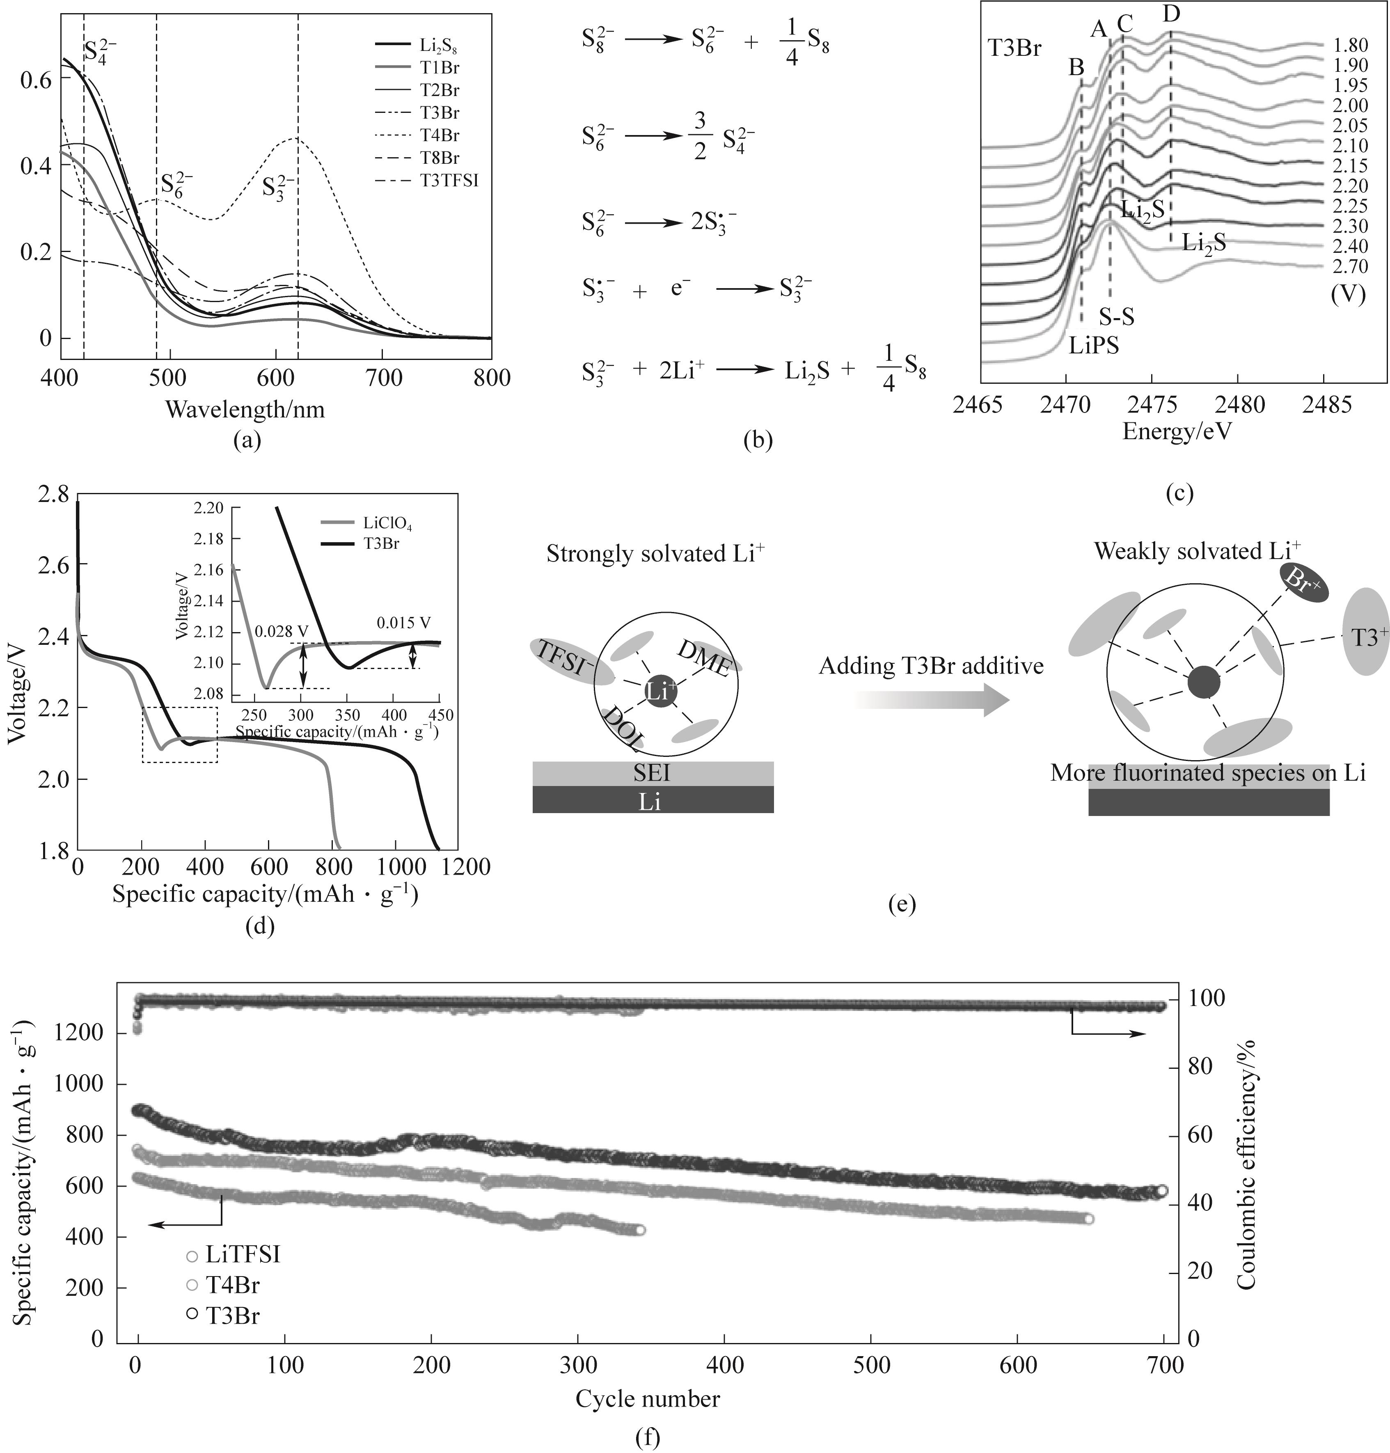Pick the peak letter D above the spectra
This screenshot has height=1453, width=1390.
[x=1171, y=13]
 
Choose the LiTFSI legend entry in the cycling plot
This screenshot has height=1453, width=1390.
[x=242, y=1255]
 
